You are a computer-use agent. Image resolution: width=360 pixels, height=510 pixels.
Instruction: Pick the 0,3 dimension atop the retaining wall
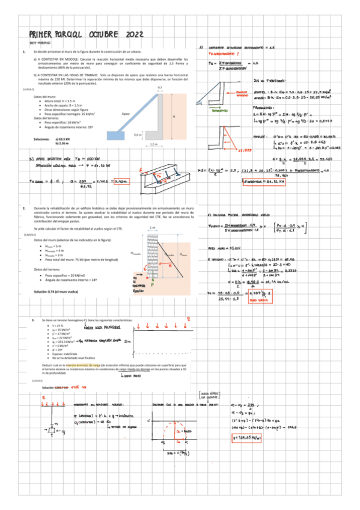pos(159,88)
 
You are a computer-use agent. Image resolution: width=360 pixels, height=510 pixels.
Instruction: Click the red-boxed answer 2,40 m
pos(121,180)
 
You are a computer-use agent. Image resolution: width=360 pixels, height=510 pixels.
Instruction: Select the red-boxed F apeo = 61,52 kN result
pos(264,180)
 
